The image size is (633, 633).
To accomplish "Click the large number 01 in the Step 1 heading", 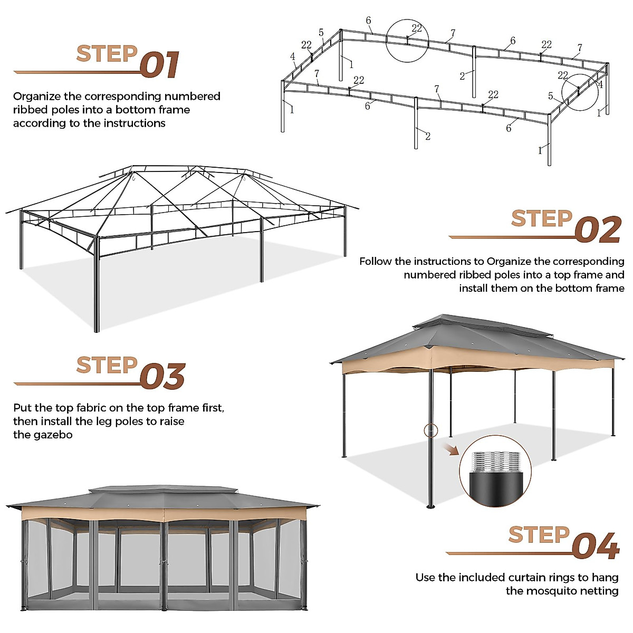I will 160,65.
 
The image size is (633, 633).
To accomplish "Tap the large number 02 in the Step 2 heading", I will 598,231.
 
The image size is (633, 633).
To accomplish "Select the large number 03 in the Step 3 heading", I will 162,377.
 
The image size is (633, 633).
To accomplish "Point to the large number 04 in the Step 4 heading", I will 596,546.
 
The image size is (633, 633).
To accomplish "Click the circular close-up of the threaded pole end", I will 494,467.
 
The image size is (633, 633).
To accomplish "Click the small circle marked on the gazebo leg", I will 430,430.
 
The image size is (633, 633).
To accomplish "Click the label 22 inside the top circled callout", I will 417,29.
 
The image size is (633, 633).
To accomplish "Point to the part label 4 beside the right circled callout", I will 600,84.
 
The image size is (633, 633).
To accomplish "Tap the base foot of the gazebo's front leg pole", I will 430,506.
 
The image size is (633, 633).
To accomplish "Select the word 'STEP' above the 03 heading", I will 107,365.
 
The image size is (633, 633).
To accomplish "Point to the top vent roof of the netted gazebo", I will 164,490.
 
